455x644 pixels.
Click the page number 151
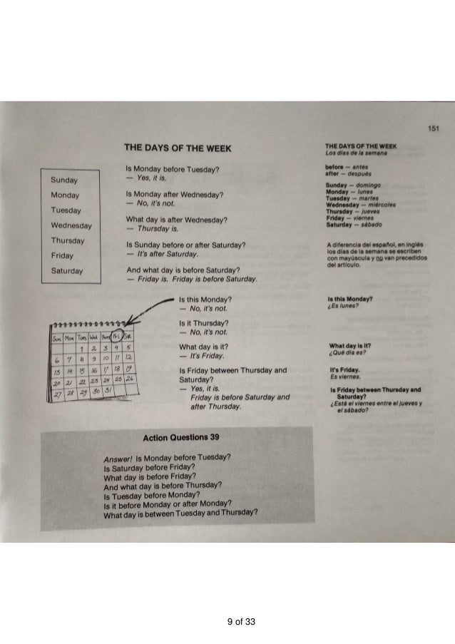coord(433,128)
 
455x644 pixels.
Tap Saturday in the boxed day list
coord(68,271)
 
